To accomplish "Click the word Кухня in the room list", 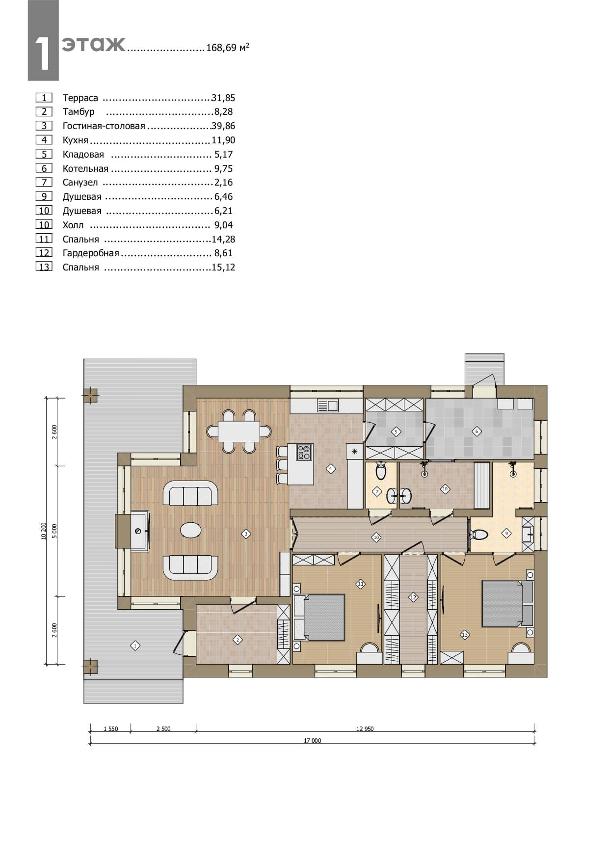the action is [75, 140].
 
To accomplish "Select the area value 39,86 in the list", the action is [223, 126].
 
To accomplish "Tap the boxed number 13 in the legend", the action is [44, 267].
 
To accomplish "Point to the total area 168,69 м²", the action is [228, 48].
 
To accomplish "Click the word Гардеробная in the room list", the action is [91, 253].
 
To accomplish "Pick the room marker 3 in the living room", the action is [246, 534].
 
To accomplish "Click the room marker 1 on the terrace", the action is [135, 646].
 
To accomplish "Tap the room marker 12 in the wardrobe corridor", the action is [413, 597].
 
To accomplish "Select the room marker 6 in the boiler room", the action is [476, 432].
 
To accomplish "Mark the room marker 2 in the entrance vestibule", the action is [238, 640].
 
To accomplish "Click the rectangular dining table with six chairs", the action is [239, 431].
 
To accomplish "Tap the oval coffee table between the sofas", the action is [190, 530].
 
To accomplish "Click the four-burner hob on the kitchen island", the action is [304, 452].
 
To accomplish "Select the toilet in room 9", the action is [479, 534].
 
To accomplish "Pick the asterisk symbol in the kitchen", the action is [354, 451].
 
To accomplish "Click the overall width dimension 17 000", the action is [312, 741].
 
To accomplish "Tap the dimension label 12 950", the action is [365, 729].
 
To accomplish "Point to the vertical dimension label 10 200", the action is [44, 531].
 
